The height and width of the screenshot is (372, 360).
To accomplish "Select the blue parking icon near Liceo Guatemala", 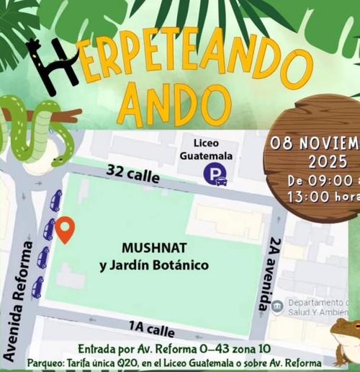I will coord(214,174).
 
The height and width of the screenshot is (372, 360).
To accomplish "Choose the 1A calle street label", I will coord(151,329).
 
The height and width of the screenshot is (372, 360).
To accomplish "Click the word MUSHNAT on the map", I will coord(153,249).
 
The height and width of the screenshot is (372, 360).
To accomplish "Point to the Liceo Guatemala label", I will coord(207,149).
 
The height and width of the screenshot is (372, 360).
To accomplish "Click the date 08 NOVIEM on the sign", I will coord(315,142).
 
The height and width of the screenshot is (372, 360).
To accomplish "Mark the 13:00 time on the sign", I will coord(308,196).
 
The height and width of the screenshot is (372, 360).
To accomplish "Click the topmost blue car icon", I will coord(55,200).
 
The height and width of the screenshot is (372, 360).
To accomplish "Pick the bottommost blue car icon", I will coord(37,287).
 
